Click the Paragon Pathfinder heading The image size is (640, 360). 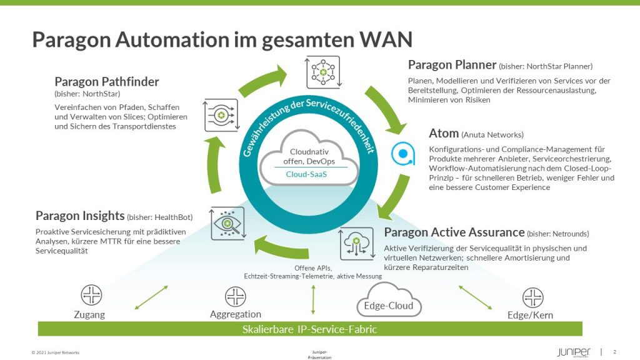coord(107,82)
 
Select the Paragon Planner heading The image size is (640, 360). coord(452,65)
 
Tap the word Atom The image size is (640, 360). coord(444,133)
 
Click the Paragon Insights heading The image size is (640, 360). coord(80,216)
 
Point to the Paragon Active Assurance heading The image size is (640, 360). coord(454,232)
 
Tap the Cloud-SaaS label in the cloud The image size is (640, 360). coord(306,174)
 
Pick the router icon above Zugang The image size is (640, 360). coord(91,295)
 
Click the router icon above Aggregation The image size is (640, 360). coord(236,296)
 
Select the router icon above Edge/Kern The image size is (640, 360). coord(532,297)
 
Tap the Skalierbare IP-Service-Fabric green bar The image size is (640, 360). coord(310,329)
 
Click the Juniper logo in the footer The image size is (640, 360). coord(573,352)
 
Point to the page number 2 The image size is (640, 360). coord(615,351)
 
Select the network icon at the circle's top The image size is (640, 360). coord(322,71)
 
